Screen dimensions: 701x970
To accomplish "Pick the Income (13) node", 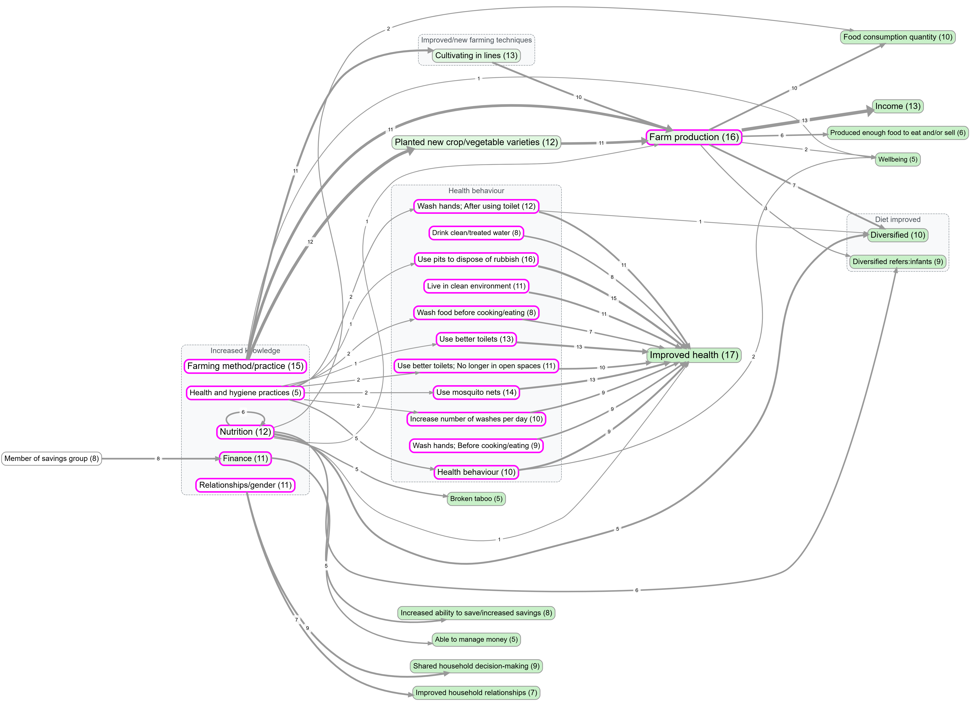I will tap(897, 106).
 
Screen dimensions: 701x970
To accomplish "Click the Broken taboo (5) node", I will tap(476, 499).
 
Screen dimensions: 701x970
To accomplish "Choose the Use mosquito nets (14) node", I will tap(476, 392).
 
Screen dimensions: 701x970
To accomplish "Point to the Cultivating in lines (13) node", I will tap(476, 56).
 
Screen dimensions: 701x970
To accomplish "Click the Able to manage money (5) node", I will tap(476, 639).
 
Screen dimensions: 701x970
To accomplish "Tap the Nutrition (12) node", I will tap(245, 432).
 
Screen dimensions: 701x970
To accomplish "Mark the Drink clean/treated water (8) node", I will tap(476, 233).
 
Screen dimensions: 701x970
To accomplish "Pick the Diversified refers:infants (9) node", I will tap(897, 261).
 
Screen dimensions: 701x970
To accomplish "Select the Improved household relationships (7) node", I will tap(476, 693).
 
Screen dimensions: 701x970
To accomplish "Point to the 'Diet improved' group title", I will tap(897, 220).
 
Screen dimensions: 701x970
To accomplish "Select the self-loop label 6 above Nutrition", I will tap(243, 412).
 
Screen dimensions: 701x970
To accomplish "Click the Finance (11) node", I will tap(245, 458).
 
